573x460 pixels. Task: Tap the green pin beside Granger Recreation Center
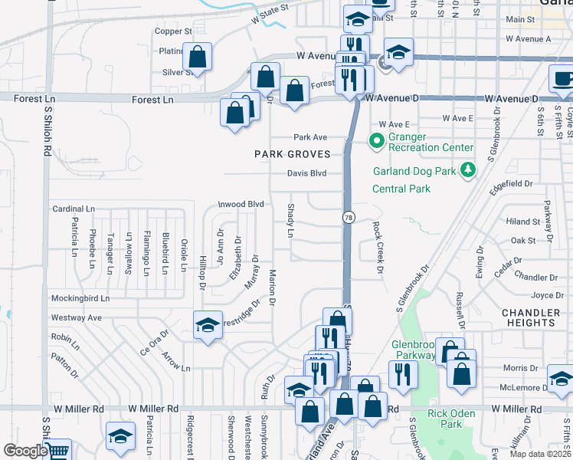(x=376, y=141)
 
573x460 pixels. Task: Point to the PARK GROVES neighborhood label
(x=293, y=154)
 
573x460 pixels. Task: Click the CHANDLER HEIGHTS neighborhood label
(x=531, y=318)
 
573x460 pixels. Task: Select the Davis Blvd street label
(x=306, y=173)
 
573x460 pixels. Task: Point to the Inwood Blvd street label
(x=241, y=205)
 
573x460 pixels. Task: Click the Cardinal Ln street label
(x=73, y=209)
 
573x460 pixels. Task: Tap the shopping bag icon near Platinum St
(x=198, y=58)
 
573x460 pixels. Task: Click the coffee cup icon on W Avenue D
(x=563, y=79)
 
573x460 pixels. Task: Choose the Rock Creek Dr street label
(x=377, y=247)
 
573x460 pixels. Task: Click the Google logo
(x=25, y=451)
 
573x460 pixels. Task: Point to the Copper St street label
(x=173, y=31)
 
